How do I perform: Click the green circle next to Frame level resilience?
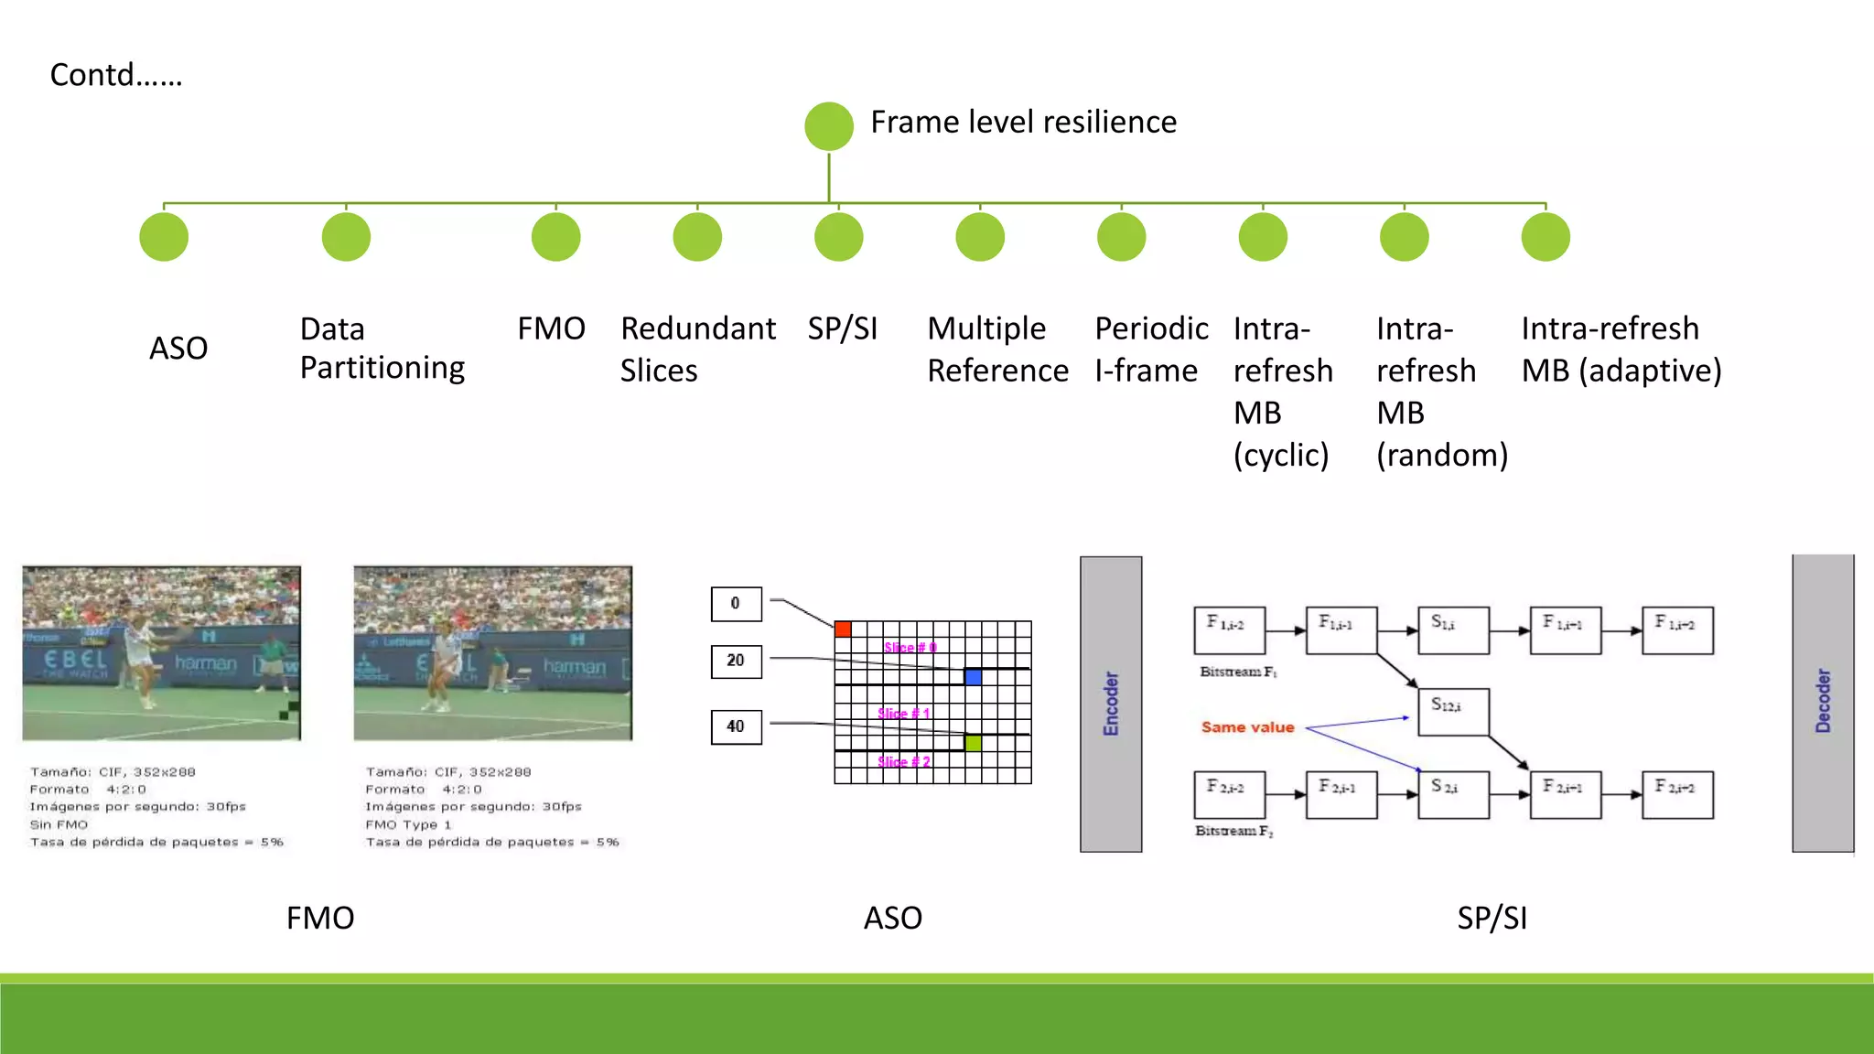pyautogui.click(x=829, y=126)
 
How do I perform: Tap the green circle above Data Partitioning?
pyautogui.click(x=346, y=237)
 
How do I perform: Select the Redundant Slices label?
pyautogui.click(x=697, y=350)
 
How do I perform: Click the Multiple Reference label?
pyautogui.click(x=997, y=350)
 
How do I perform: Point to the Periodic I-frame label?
pyautogui.click(x=1151, y=350)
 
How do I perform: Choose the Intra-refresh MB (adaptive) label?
pyautogui.click(x=1621, y=350)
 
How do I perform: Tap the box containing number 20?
pyautogui.click(x=736, y=661)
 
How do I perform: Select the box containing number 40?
pyautogui.click(x=736, y=726)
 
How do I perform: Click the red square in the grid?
pyautogui.click(x=843, y=629)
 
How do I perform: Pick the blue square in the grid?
pyautogui.click(x=973, y=677)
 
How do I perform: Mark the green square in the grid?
pyautogui.click(x=973, y=743)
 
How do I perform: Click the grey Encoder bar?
pyautogui.click(x=1111, y=704)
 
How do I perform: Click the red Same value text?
pyautogui.click(x=1247, y=727)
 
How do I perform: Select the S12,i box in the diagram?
pyautogui.click(x=1453, y=712)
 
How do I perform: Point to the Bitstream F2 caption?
pyautogui.click(x=1233, y=831)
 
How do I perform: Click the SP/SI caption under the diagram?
pyautogui.click(x=1492, y=918)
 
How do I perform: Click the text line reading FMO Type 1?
pyautogui.click(x=408, y=824)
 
